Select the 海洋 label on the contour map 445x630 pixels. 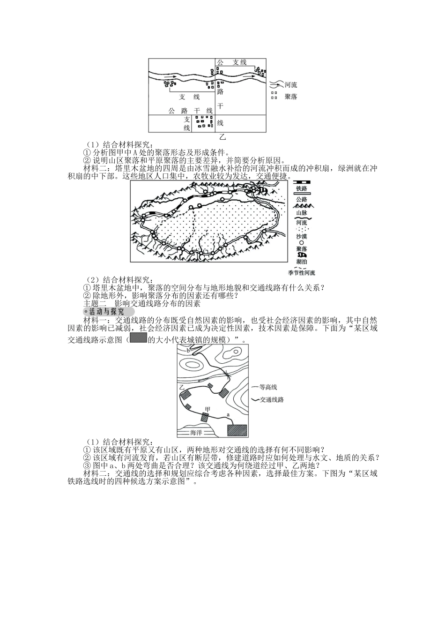(x=196, y=433)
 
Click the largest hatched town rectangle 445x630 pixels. (x=237, y=430)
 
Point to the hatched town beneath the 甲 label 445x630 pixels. (x=205, y=417)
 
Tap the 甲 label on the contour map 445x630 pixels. (x=208, y=409)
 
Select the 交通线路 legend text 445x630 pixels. (x=272, y=399)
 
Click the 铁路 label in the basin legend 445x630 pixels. (x=301, y=189)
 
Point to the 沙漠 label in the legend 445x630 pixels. (x=301, y=237)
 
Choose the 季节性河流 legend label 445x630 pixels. (x=301, y=272)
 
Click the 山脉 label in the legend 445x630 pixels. (x=301, y=213)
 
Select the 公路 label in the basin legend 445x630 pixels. (x=301, y=199)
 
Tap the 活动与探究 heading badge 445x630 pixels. (x=109, y=312)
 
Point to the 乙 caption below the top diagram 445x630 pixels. (x=222, y=137)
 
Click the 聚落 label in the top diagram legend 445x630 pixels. (x=291, y=97)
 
